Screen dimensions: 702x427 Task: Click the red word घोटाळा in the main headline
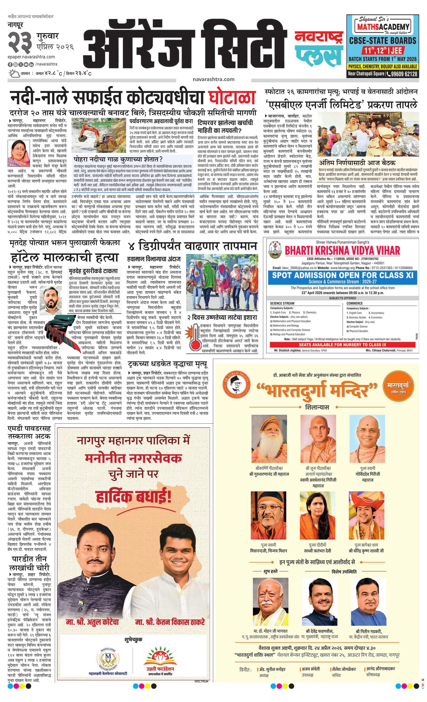click(x=231, y=97)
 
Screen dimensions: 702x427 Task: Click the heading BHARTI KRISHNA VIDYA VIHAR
click(x=342, y=251)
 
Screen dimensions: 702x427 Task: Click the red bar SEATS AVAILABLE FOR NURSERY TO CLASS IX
click(x=342, y=345)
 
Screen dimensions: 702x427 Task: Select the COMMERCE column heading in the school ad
click(x=355, y=303)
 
